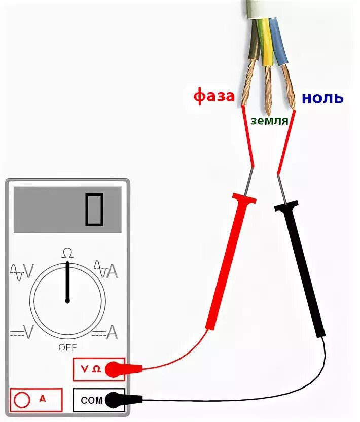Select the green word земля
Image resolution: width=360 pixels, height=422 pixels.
(269, 121)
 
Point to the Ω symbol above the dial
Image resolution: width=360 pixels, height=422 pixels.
(67, 252)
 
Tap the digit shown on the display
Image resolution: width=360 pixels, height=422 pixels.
(94, 209)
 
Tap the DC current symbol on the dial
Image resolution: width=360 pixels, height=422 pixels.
(105, 332)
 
